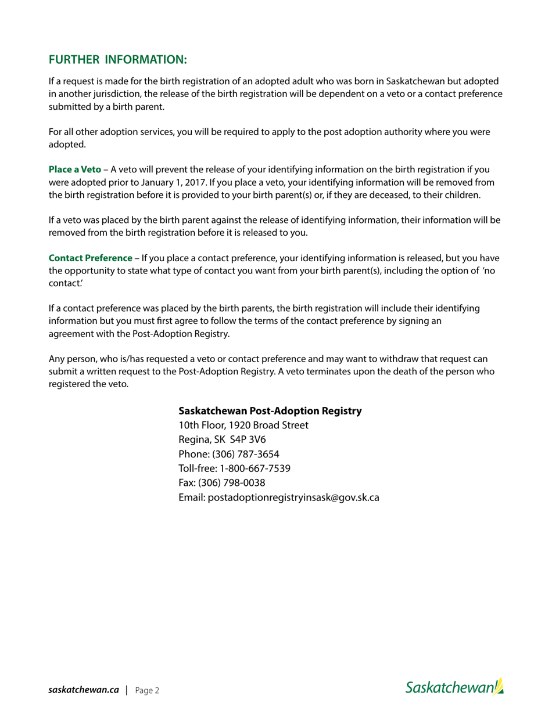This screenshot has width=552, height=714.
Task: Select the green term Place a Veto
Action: (75, 170)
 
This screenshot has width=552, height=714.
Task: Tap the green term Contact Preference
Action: (91, 258)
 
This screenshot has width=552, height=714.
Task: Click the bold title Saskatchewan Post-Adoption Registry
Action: (270, 411)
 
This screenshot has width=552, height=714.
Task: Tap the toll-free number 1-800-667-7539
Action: (255, 468)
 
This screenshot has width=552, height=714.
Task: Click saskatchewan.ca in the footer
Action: (84, 690)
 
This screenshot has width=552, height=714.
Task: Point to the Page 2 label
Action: (147, 690)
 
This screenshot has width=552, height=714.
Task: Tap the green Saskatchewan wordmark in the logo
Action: (449, 688)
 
